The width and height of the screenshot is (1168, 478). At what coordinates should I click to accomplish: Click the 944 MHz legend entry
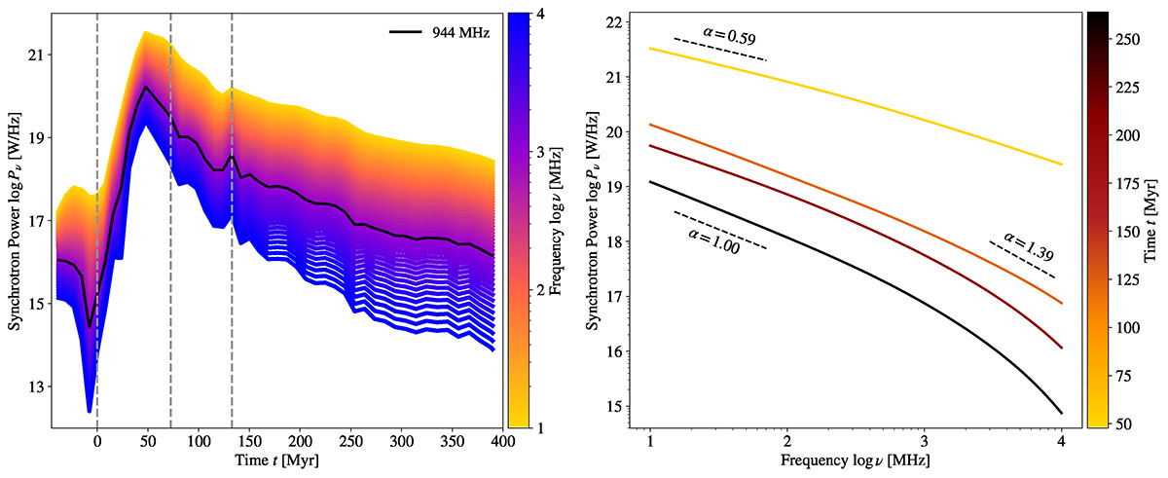(457, 32)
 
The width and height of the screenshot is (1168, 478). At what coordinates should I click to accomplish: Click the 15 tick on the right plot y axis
(620, 407)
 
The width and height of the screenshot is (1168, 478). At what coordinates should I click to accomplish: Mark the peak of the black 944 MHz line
(145, 87)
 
